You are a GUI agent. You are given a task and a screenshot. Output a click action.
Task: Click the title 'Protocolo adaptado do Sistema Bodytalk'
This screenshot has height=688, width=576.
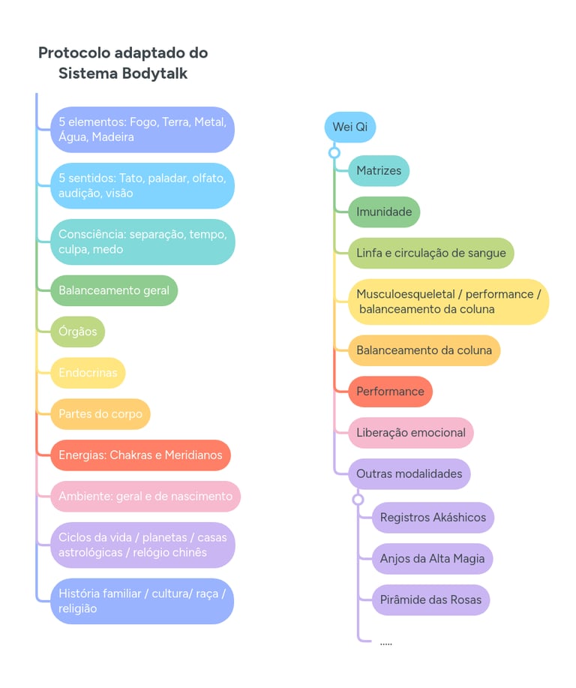click(123, 63)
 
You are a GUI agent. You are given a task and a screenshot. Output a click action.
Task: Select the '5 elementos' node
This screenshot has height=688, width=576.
click(142, 129)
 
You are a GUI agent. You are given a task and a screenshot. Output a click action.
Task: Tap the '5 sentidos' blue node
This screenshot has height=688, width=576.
click(142, 185)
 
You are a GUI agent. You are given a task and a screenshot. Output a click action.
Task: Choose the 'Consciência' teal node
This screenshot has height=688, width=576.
click(142, 242)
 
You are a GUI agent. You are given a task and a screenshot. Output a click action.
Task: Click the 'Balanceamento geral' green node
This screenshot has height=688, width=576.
click(114, 290)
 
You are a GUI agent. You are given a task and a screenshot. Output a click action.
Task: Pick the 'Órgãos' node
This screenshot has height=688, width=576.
click(78, 332)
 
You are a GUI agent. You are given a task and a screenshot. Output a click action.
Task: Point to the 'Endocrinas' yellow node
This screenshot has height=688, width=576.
click(88, 373)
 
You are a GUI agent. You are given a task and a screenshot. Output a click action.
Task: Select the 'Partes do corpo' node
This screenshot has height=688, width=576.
click(100, 414)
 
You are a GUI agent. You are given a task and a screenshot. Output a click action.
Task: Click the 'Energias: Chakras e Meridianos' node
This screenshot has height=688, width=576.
click(140, 455)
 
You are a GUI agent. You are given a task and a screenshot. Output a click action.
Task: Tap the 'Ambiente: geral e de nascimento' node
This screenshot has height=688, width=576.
click(145, 497)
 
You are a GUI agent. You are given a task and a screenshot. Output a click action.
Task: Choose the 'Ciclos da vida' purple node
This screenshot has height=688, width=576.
click(142, 545)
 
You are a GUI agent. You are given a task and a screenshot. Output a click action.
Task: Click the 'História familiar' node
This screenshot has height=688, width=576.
click(142, 601)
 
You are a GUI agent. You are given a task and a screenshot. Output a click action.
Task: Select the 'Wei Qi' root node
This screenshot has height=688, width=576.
click(349, 127)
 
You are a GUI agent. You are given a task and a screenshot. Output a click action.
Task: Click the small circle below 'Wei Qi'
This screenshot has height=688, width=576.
click(334, 153)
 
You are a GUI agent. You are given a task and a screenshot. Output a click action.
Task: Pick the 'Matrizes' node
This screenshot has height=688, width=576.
click(379, 171)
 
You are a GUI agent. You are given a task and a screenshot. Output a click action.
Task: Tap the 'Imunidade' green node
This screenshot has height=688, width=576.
click(384, 212)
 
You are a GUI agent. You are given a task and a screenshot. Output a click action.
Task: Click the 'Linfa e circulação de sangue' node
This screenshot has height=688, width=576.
click(431, 254)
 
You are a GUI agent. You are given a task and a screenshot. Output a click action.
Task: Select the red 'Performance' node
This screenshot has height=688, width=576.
click(390, 392)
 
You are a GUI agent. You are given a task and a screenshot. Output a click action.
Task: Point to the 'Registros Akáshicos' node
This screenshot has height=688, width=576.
click(433, 518)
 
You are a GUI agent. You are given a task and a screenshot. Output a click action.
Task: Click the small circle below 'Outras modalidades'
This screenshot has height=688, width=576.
click(358, 500)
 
